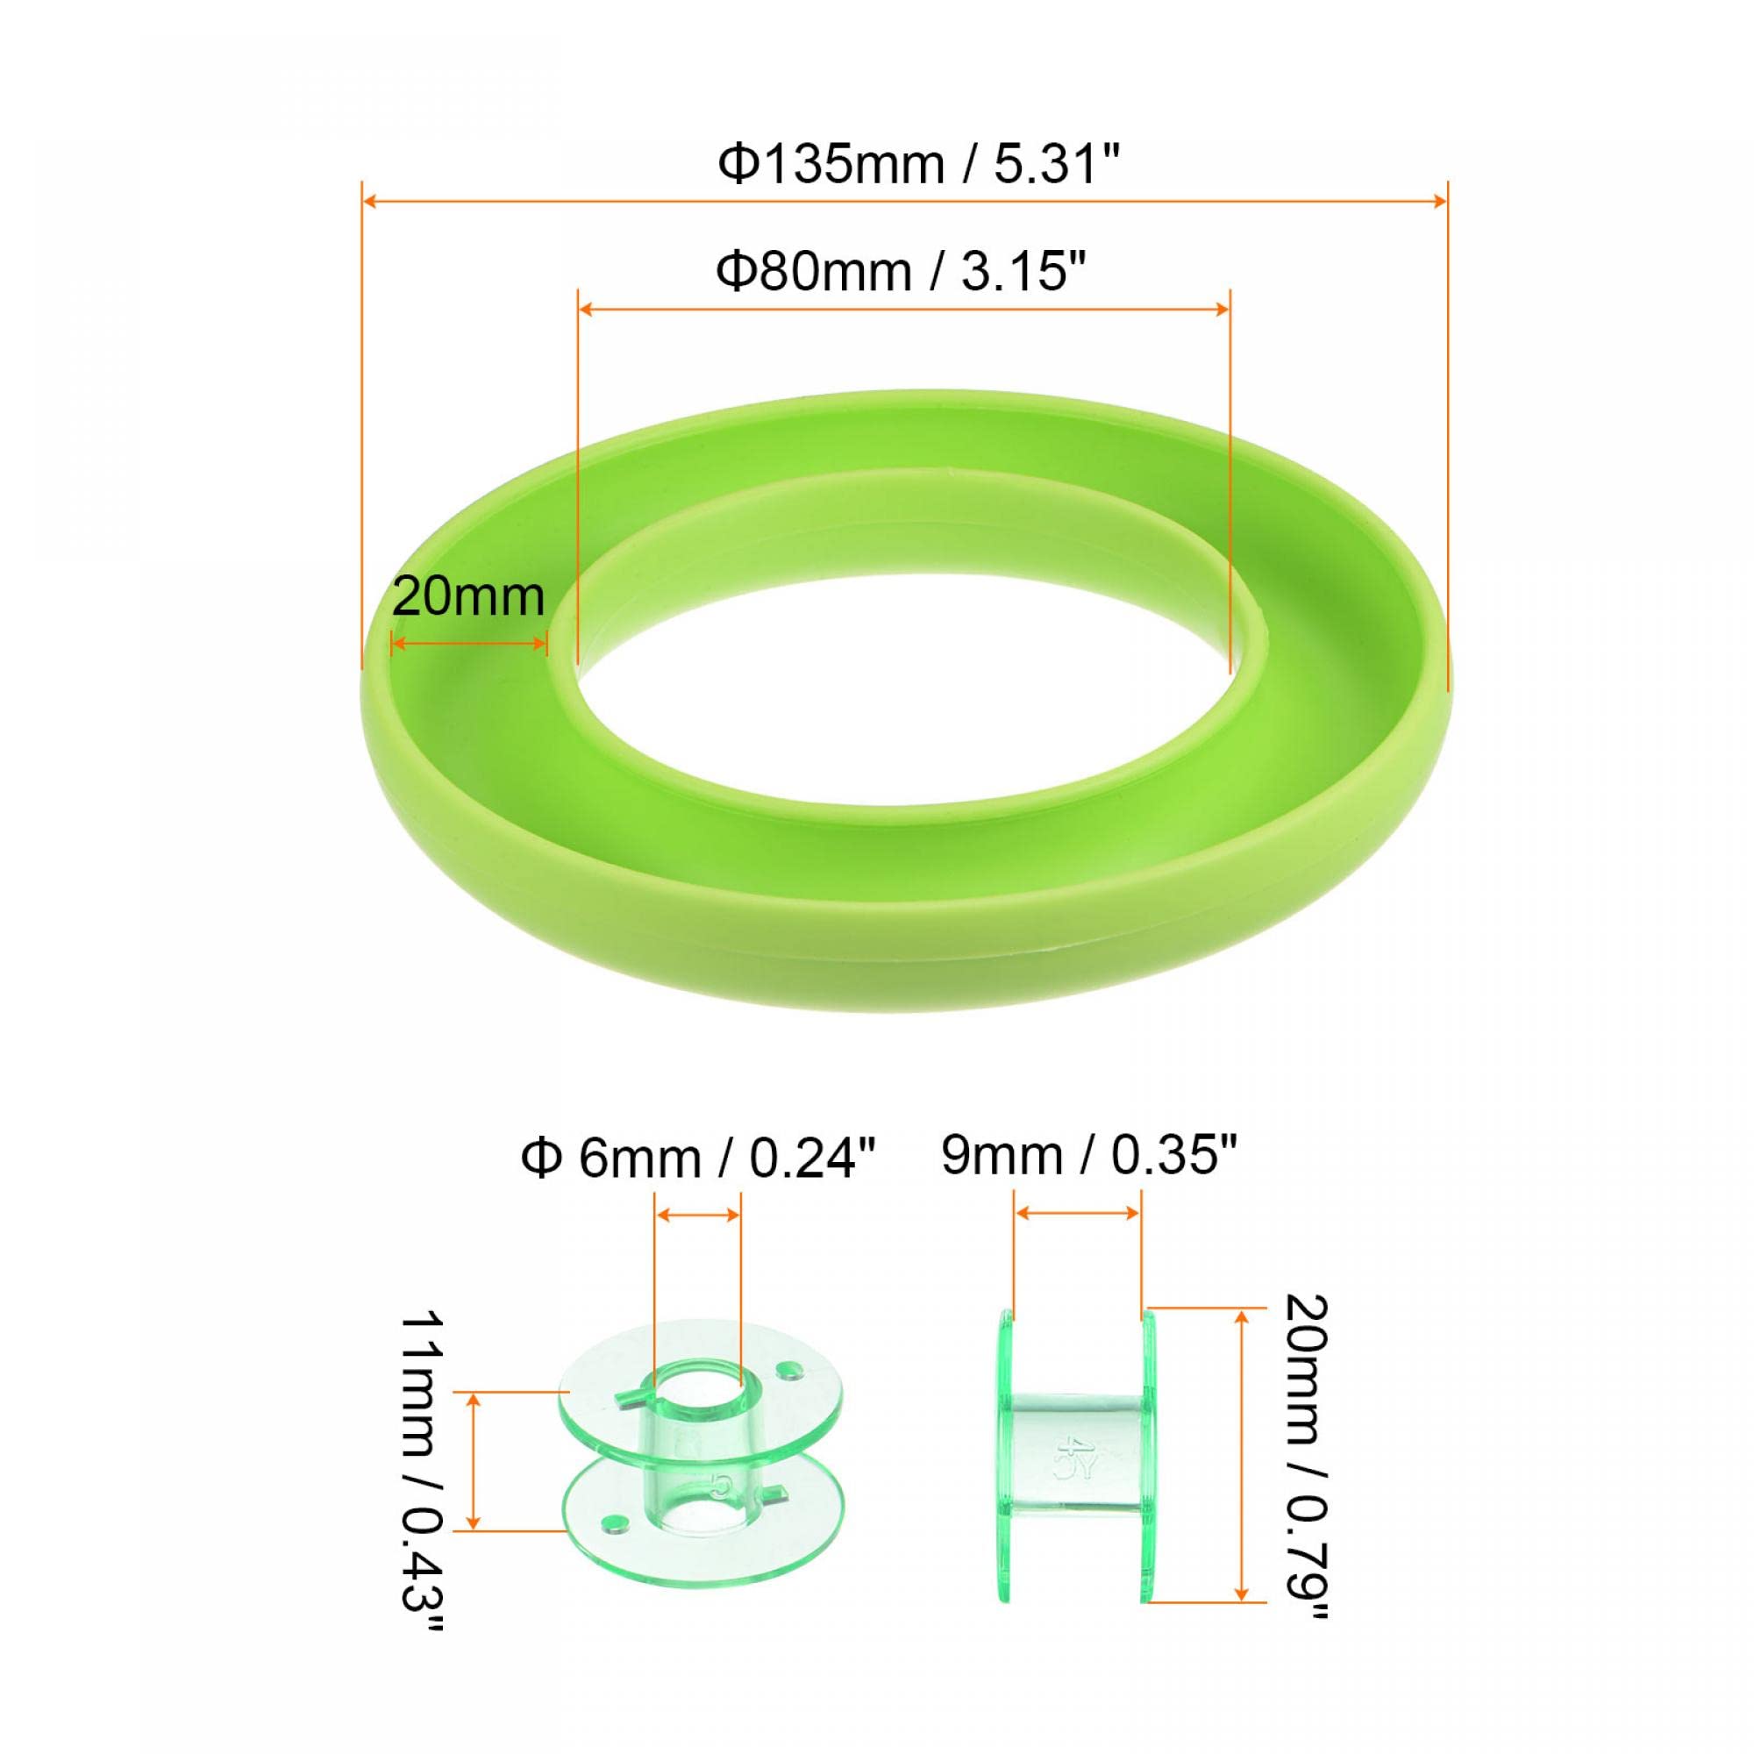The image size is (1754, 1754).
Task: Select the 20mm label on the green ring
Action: pos(468,597)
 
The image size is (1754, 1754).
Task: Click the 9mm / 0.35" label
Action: pos(1089,1156)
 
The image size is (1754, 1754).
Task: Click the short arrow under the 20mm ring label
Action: pos(468,644)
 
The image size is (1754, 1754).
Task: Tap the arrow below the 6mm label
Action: pos(698,1215)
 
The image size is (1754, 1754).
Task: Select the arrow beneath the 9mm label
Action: pos(1078,1213)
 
